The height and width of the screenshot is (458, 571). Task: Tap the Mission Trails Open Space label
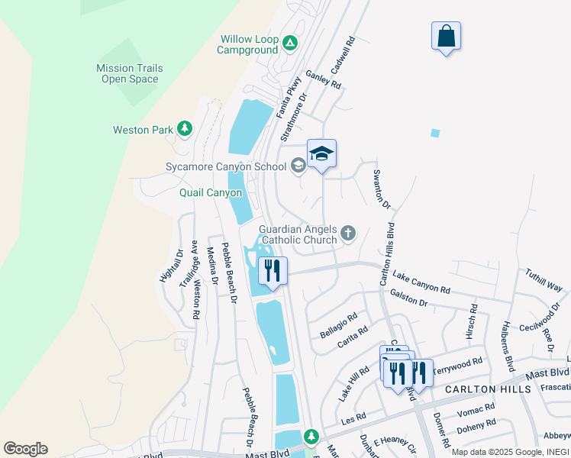pos(130,73)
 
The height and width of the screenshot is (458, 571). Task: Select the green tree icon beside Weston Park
pos(184,129)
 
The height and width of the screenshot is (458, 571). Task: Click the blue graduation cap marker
pos(321,154)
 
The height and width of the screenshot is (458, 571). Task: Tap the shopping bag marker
pos(446,37)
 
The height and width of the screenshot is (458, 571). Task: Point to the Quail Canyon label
pos(211,192)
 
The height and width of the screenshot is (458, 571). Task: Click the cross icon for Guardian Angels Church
pos(348,234)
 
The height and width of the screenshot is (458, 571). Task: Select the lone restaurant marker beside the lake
pos(272,271)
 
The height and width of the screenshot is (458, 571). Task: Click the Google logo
pos(25,449)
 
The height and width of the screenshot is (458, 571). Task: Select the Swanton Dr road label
pos(381,190)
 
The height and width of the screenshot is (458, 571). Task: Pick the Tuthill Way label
pos(543,279)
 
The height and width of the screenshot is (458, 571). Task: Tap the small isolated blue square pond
pos(435,133)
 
